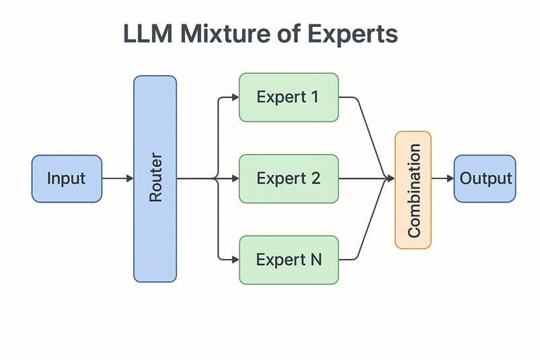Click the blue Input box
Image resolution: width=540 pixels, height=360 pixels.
[67, 178]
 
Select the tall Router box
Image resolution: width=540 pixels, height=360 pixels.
[155, 178]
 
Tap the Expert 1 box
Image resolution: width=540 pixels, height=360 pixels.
[288, 97]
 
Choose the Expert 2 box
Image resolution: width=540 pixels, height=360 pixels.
[288, 178]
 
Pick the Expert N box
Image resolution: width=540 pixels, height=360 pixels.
[288, 259]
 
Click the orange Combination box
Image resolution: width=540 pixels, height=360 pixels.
[412, 190]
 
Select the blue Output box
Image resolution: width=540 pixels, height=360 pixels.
[485, 178]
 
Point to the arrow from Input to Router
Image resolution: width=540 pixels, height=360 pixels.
[118, 178]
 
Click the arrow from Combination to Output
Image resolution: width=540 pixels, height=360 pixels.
[442, 178]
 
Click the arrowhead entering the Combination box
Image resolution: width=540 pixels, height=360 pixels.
[390, 178]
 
